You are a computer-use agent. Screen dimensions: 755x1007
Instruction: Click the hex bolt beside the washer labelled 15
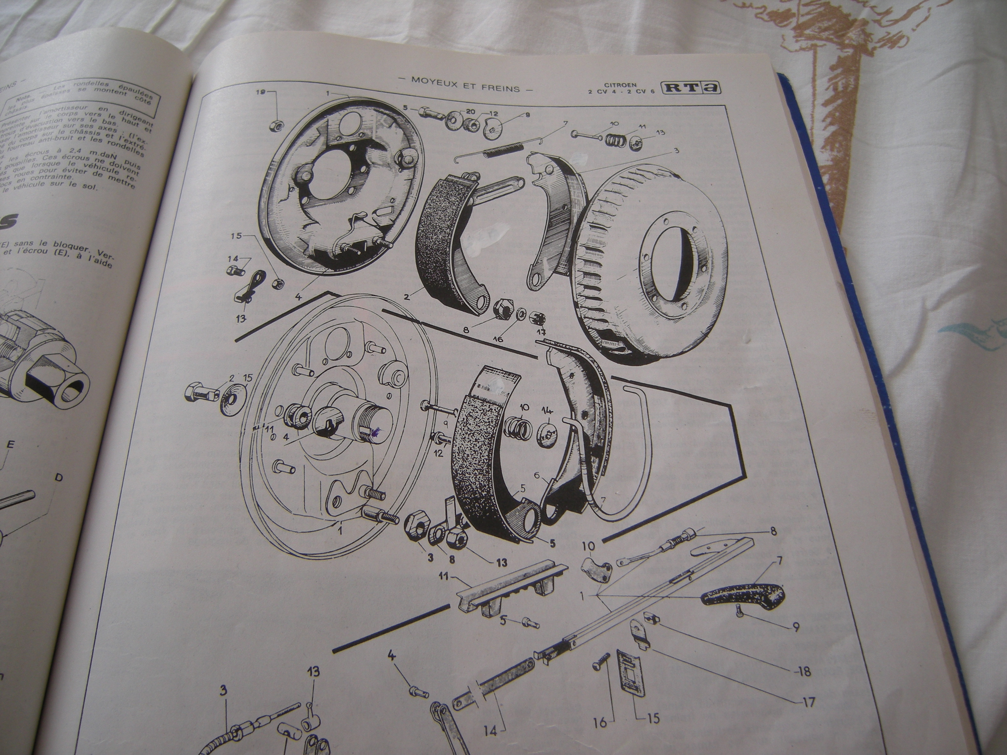click(201, 392)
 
